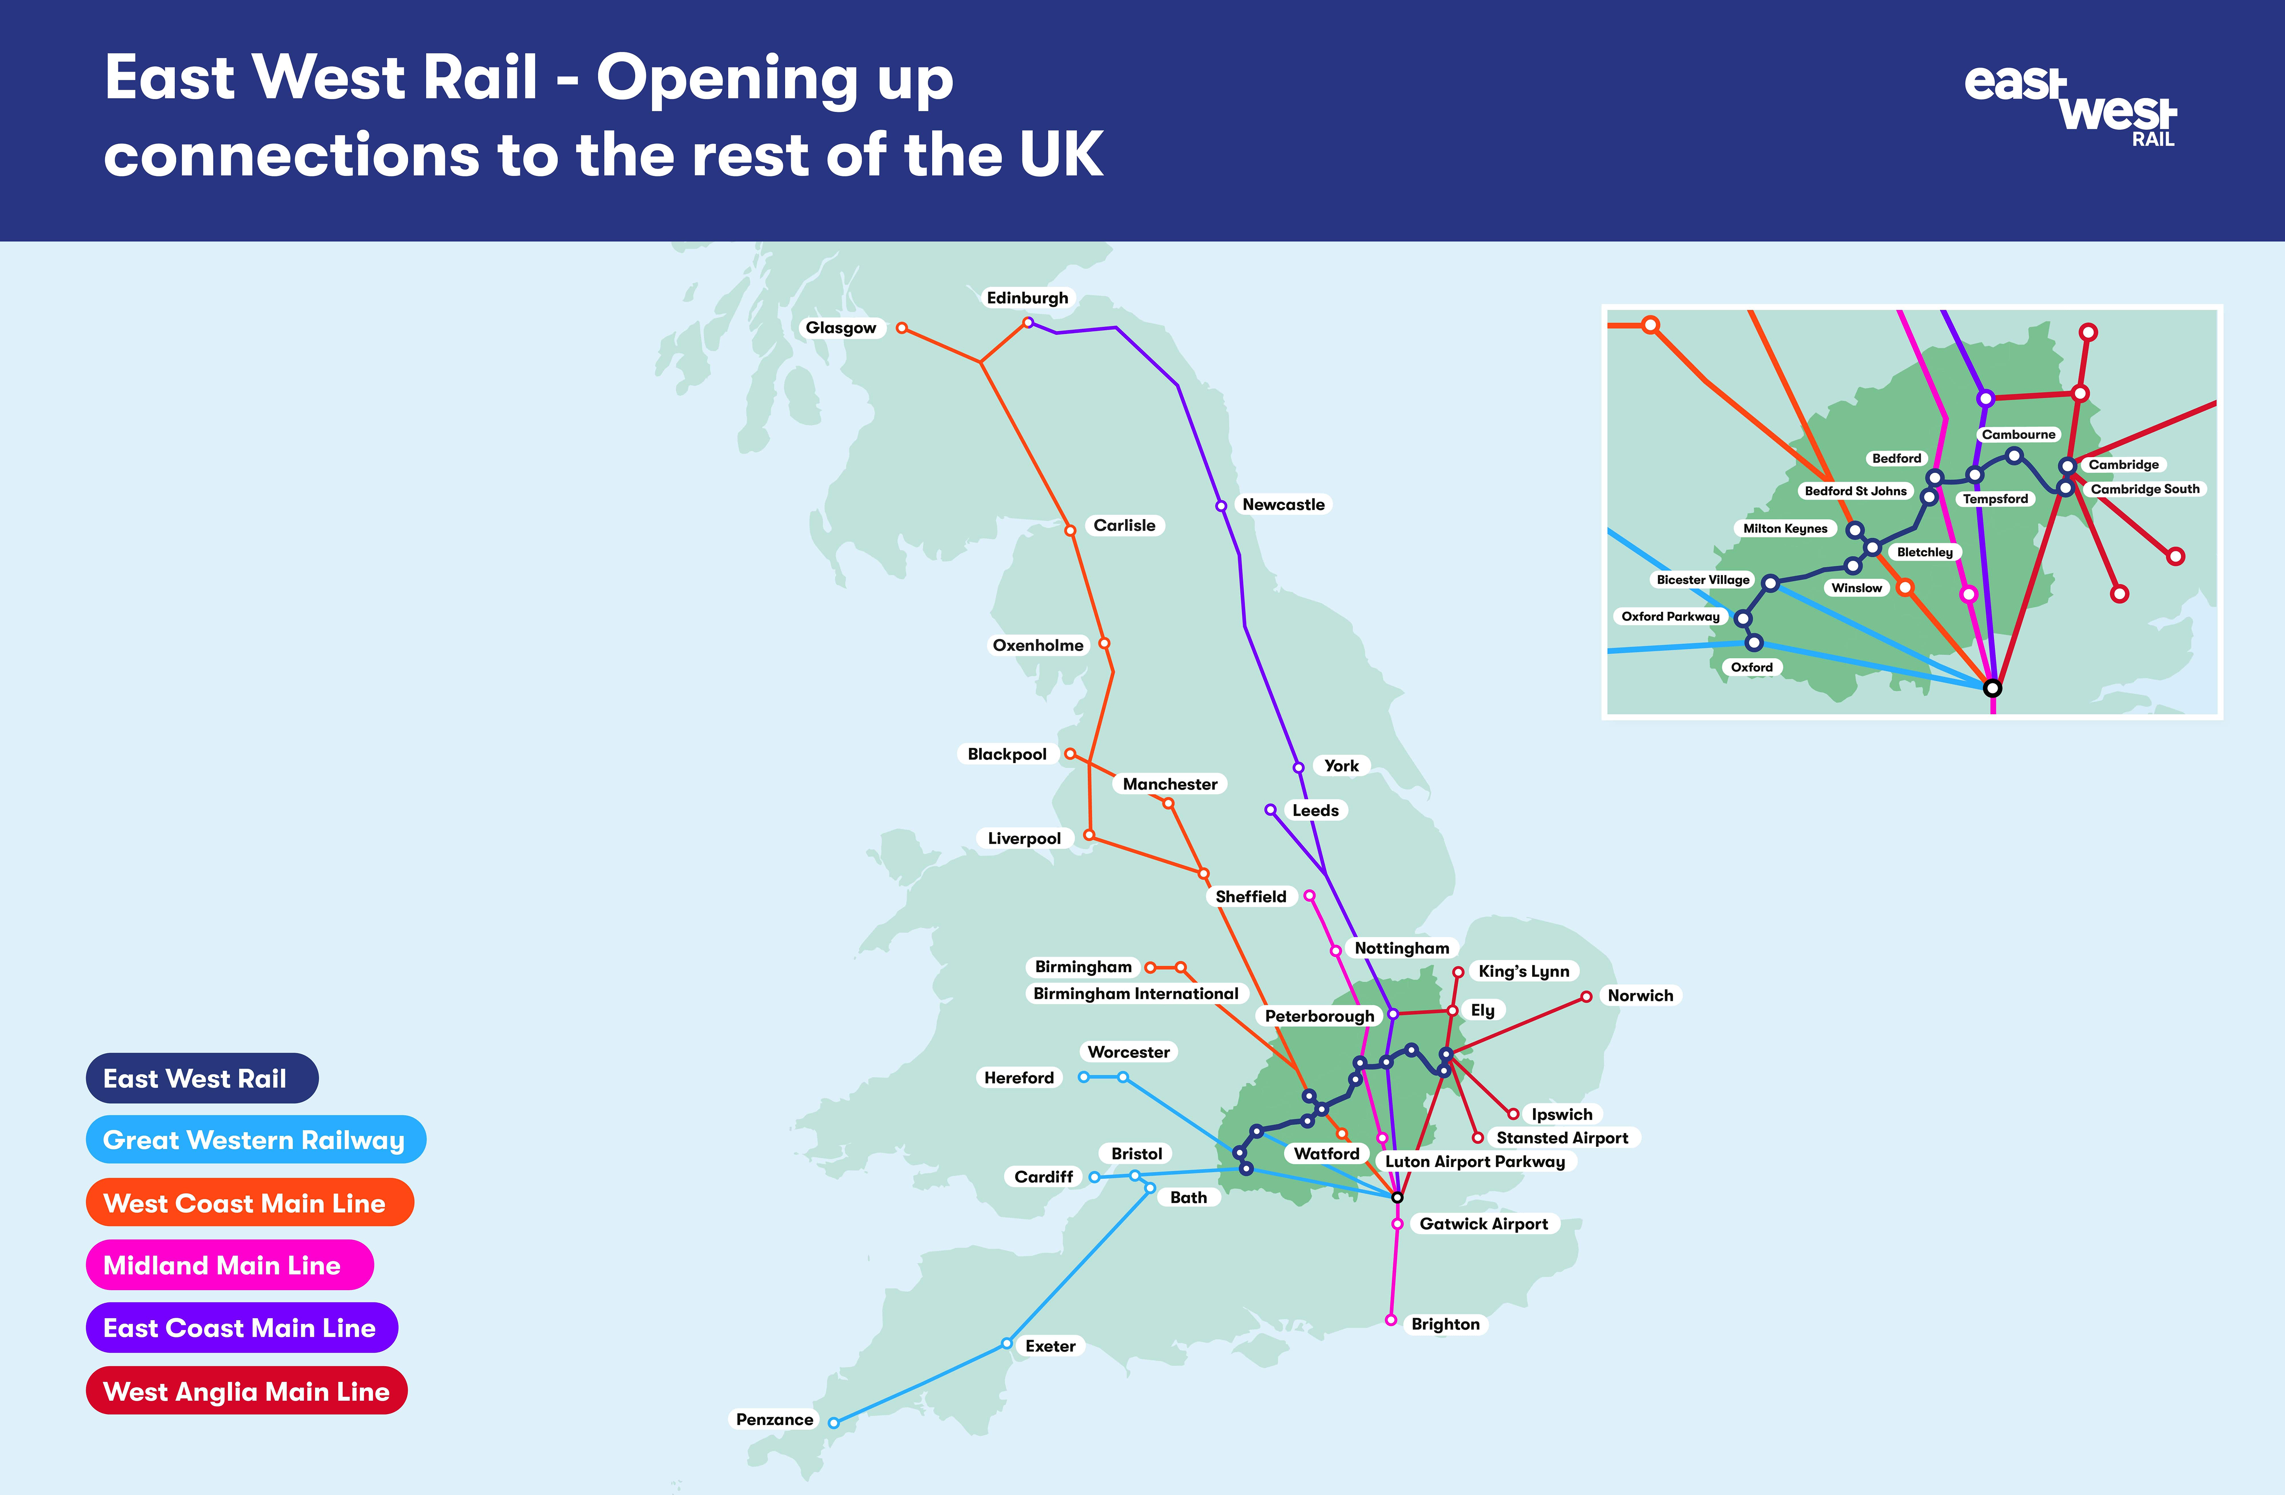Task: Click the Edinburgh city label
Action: click(1027, 298)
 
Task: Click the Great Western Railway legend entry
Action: click(254, 1140)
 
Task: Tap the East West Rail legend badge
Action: click(201, 1078)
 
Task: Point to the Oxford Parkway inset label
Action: click(1671, 616)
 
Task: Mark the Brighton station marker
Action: click(1390, 1320)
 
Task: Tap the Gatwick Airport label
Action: click(1483, 1223)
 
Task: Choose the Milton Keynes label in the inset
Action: click(1785, 528)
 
